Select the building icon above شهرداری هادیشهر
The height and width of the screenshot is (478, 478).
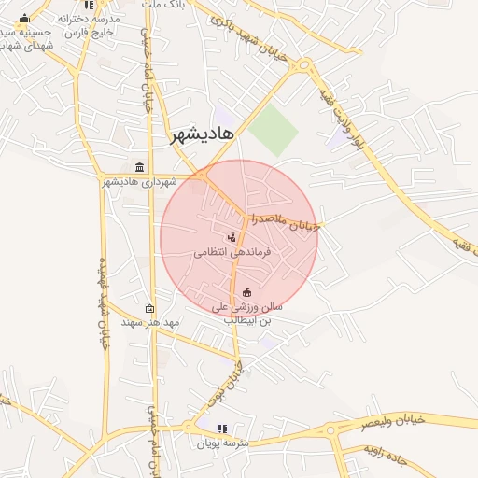pos(140,167)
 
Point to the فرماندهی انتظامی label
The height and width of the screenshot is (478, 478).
pos(232,252)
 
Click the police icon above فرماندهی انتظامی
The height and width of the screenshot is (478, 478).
pos(232,237)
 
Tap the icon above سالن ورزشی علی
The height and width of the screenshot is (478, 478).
pos(246,292)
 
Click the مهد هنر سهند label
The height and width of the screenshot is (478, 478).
pos(149,322)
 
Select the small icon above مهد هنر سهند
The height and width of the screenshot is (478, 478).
pos(149,308)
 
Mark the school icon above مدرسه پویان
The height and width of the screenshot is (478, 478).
pos(222,429)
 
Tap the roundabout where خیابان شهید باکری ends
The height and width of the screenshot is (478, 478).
pos(304,65)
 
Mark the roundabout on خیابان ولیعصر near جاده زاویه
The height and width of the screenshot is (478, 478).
pos(331,430)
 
